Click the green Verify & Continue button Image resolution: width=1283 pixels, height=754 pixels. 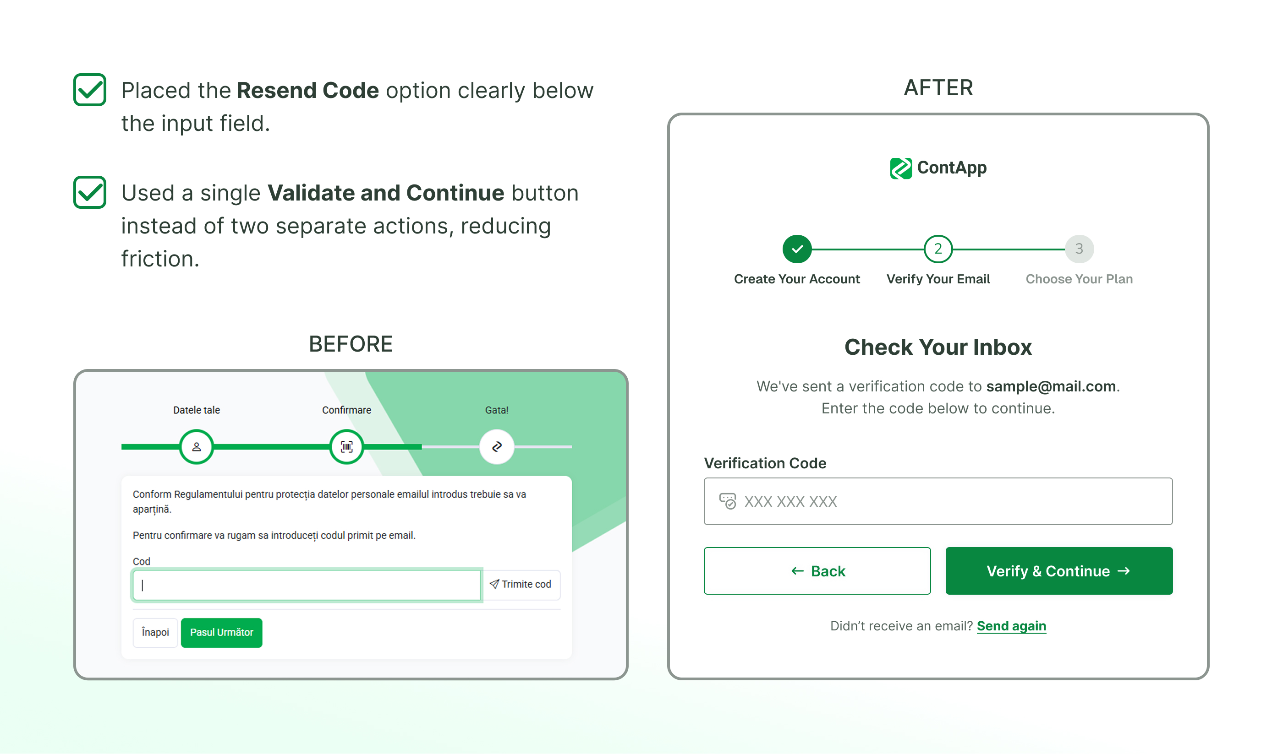pos(1058,570)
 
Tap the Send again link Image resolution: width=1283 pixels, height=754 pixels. pos(1011,626)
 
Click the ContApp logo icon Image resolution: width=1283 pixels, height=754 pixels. pos(900,168)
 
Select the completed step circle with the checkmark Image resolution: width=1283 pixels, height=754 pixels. pos(797,249)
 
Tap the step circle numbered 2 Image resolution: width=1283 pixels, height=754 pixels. pos(938,249)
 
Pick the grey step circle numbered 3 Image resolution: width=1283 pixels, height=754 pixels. pos(1079,249)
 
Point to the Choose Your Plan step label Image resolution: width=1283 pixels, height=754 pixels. pos(1079,279)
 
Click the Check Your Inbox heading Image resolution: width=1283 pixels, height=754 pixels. pos(938,347)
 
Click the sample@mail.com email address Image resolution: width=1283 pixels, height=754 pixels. pos(1050,386)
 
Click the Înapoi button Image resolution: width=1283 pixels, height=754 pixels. pos(155,632)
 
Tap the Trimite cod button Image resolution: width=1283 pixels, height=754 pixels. pos(521,584)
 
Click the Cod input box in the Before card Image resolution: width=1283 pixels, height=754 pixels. pos(307,585)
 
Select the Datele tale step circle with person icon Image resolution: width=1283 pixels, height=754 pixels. pos(197,447)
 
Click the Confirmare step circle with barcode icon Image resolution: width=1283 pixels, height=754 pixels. pos(346,447)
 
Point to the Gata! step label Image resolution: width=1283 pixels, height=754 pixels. pos(496,410)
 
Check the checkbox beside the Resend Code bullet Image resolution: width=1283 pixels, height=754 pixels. pos(90,90)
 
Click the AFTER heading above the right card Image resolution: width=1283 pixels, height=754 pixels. pos(938,87)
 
